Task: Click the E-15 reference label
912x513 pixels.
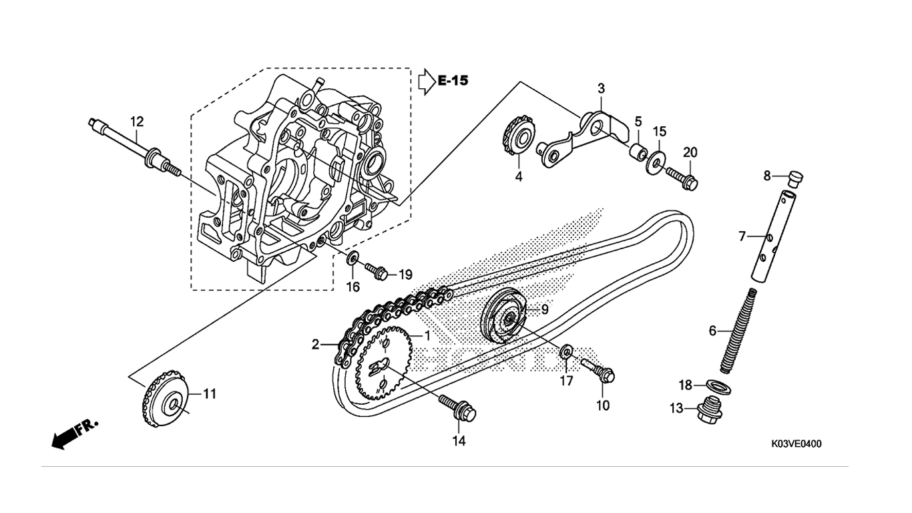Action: click(x=453, y=81)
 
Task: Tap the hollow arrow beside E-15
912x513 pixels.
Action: click(x=427, y=81)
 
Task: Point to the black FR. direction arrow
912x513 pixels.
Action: click(x=75, y=434)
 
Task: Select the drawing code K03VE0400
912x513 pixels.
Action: click(x=796, y=444)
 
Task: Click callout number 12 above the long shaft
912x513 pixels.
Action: click(x=137, y=122)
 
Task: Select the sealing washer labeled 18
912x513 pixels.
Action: click(x=718, y=387)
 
